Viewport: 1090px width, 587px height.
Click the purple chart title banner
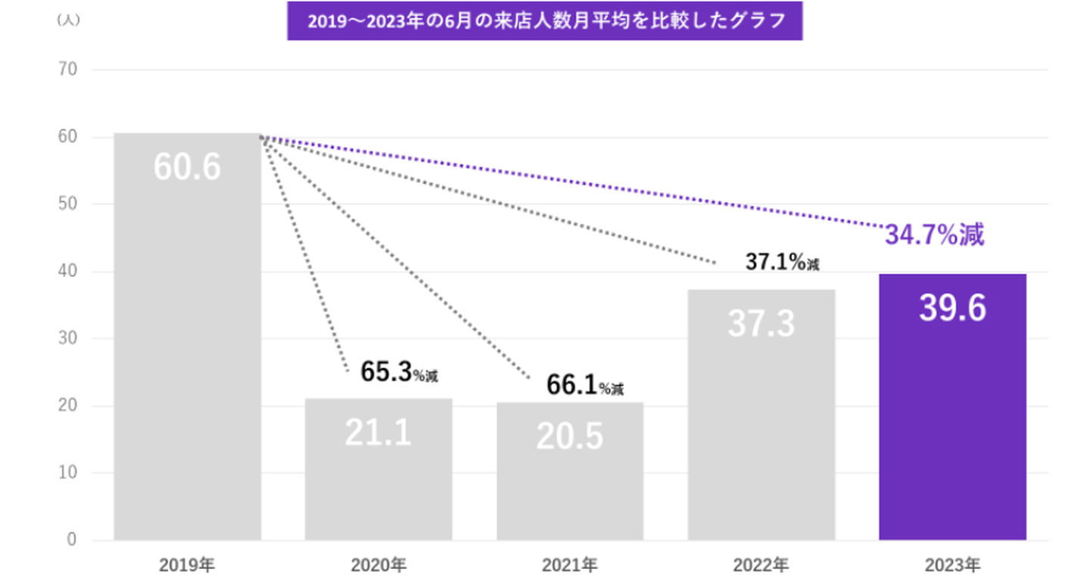coord(544,21)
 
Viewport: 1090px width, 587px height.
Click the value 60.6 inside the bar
coord(187,167)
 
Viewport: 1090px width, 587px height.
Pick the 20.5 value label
coord(569,436)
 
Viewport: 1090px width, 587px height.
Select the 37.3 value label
coord(761,323)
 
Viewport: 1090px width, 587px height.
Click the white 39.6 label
coord(952,309)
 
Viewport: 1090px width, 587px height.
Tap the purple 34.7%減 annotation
coord(934,235)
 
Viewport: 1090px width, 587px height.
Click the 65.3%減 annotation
coord(399,373)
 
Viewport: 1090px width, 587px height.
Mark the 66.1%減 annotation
coord(585,387)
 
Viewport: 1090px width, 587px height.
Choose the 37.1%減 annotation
coord(782,263)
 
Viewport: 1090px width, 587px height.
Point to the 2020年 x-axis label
coord(378,564)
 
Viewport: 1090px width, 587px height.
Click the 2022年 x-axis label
coord(761,564)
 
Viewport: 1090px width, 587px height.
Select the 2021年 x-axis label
coord(569,564)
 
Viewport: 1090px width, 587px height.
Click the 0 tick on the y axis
coord(73,540)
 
